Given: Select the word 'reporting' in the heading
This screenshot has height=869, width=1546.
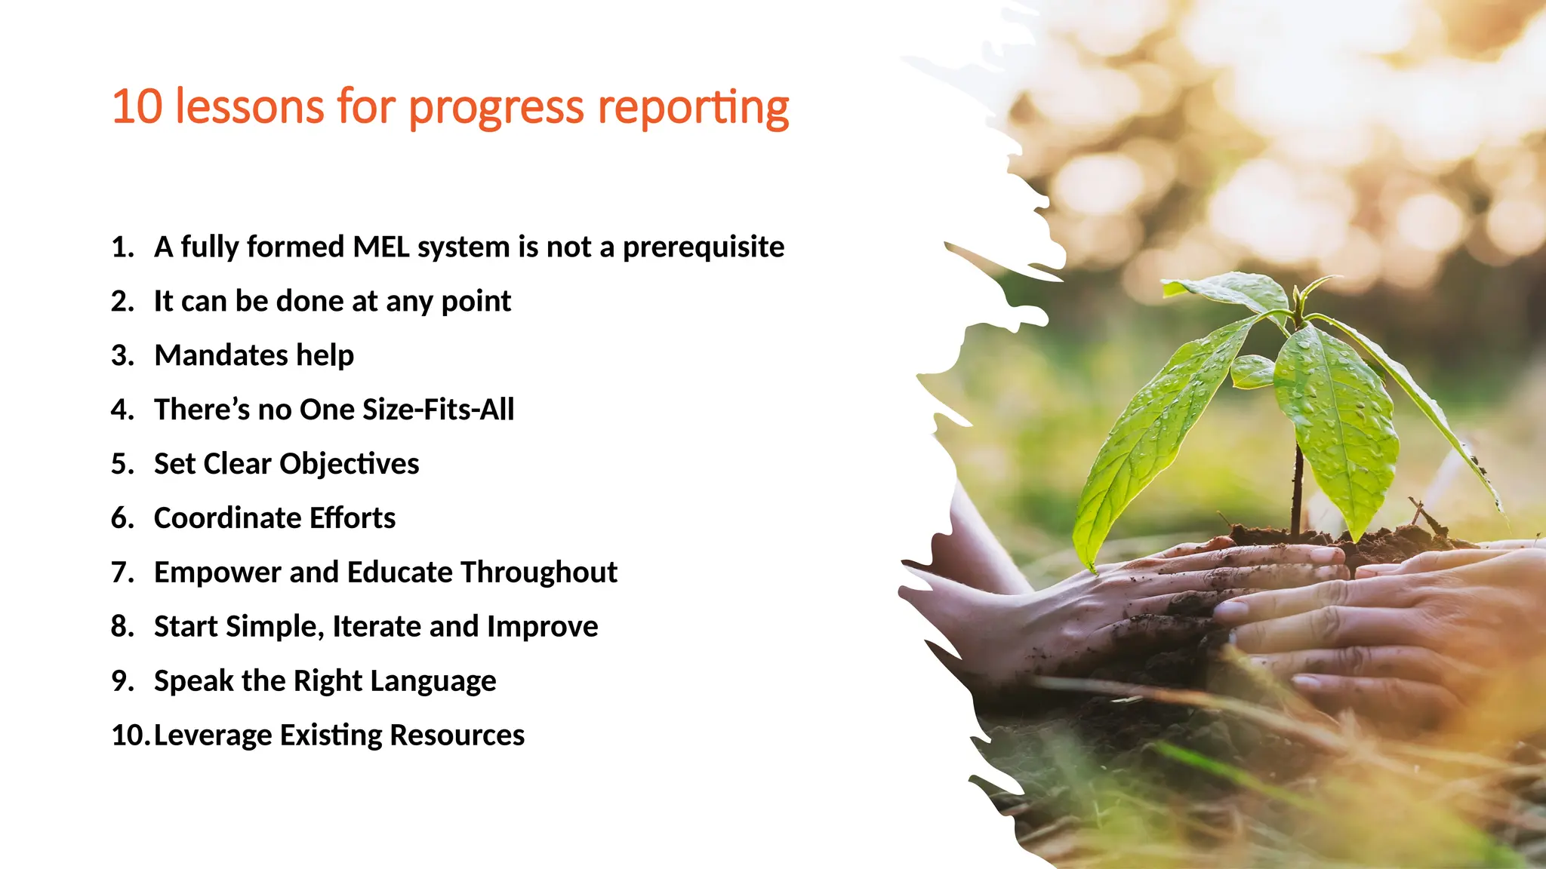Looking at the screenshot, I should pos(693,108).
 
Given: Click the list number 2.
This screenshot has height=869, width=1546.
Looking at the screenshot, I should pos(121,301).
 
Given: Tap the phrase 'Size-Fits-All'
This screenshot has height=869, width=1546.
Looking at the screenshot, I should pos(438,410).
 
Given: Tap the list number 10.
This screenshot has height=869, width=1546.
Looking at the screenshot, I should pos(129,735).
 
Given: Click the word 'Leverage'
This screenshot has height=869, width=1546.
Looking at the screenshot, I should pos(212,736).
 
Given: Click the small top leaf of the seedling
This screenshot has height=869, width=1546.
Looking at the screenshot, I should pos(1227,290).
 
